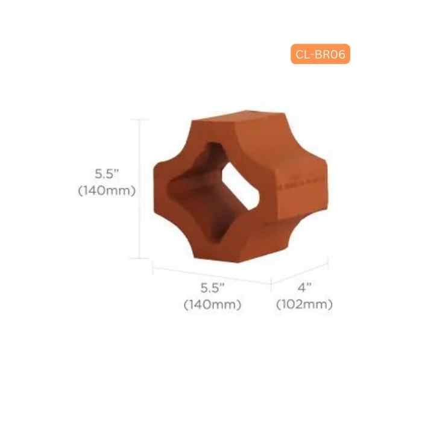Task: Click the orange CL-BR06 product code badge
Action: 320,54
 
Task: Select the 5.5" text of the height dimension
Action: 107,174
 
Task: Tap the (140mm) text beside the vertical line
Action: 107,191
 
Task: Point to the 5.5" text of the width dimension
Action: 212,288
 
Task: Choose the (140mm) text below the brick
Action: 212,304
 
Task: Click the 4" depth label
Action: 304,288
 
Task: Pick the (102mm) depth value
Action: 304,304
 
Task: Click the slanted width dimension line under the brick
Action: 211,274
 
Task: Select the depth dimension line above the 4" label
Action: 300,273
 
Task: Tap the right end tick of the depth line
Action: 328,262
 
